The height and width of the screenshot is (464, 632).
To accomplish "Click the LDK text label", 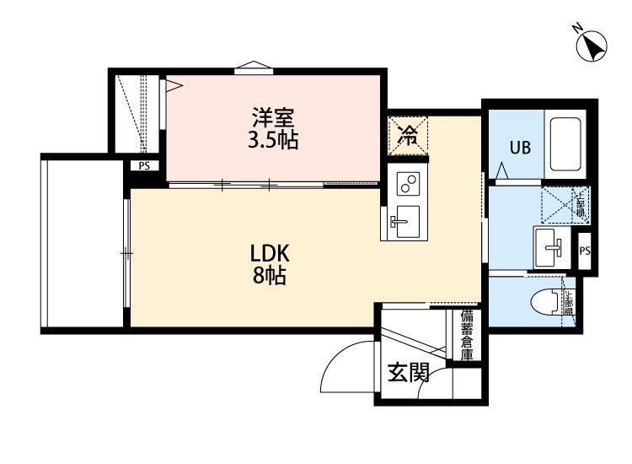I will [270, 252].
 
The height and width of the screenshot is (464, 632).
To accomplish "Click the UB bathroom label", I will [519, 147].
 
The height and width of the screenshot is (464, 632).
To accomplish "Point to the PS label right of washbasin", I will [586, 251].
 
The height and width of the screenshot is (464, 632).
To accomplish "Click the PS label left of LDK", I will [145, 166].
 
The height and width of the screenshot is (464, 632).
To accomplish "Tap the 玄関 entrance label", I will [409, 371].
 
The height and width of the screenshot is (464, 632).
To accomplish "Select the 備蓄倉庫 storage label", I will [467, 335].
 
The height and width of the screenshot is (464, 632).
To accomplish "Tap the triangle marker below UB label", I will [502, 172].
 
